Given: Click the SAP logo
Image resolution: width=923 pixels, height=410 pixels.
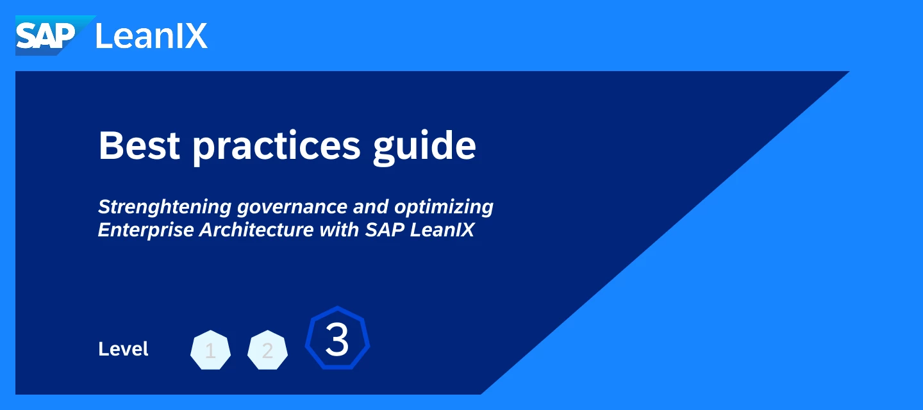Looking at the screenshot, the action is click(x=55, y=35).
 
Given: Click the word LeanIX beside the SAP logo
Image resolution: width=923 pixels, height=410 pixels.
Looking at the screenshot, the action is click(x=151, y=37).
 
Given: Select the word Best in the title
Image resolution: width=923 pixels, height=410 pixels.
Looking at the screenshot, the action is click(x=139, y=145).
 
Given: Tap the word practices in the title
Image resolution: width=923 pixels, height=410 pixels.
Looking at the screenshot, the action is click(x=276, y=148).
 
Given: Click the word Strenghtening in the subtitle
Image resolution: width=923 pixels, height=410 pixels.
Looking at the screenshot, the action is click(x=165, y=207).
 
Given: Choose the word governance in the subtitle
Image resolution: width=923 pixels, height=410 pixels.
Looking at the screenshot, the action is click(x=292, y=208).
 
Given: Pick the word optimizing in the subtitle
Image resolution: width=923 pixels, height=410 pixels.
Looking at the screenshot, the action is click(x=444, y=208).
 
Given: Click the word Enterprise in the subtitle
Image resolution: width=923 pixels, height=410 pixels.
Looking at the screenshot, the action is click(x=146, y=230).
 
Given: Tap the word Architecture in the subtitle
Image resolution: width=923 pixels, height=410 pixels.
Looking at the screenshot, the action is click(x=256, y=229).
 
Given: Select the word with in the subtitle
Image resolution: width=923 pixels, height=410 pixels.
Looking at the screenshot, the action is click(x=339, y=229).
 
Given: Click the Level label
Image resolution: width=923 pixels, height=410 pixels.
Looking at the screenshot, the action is click(x=123, y=349).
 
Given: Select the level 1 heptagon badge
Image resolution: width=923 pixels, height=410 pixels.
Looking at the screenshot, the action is click(x=210, y=350).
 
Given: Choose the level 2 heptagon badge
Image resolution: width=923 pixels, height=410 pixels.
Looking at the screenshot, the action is click(x=267, y=350).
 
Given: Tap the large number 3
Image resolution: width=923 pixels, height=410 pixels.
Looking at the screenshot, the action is click(x=337, y=340).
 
